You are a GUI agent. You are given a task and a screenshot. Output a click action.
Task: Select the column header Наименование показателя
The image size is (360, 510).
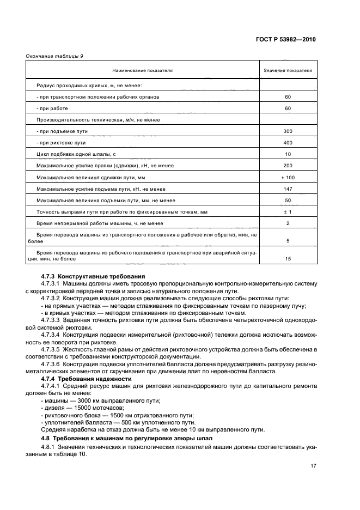142,71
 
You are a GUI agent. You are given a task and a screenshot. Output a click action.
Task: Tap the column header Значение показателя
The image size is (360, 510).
288,71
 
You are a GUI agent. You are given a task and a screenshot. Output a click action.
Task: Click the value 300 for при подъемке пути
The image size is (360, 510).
288,131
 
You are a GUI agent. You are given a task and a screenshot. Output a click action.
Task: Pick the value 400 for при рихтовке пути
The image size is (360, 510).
288,143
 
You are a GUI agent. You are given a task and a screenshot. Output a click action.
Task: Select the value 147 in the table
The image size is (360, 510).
288,189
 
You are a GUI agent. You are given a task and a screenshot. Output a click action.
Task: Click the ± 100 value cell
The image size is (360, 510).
288,177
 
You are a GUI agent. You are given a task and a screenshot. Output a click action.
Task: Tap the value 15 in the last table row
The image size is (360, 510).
288,258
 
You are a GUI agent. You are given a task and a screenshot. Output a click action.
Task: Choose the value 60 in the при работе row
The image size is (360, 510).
288,108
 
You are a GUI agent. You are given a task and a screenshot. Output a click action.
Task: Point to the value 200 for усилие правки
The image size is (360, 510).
288,166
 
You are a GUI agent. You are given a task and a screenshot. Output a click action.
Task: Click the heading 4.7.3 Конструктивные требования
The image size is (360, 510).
93,276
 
